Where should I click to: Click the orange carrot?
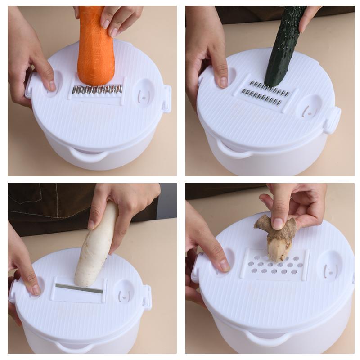point(95,49)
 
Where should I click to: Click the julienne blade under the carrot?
point(98,90)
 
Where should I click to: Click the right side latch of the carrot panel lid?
point(167,99)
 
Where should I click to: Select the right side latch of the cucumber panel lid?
point(333,119)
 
